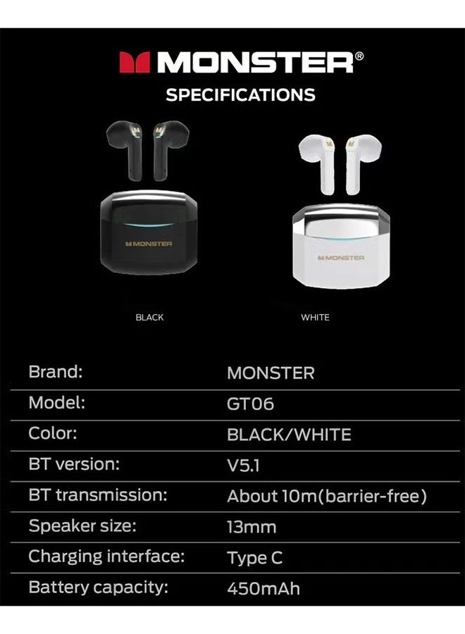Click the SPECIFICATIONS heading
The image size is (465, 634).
[240, 94]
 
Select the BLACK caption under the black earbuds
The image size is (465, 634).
[149, 318]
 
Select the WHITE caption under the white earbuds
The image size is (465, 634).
[315, 318]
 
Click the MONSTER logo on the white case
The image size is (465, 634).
[340, 258]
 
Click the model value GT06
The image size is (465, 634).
[250, 404]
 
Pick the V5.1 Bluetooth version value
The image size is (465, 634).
[244, 466]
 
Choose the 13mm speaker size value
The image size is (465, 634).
[252, 527]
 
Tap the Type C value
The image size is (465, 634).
[254, 558]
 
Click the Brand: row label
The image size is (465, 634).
[56, 372]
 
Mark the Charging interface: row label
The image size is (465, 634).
[106, 557]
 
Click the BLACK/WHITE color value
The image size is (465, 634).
[289, 435]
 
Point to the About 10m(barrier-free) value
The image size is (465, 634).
[327, 497]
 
